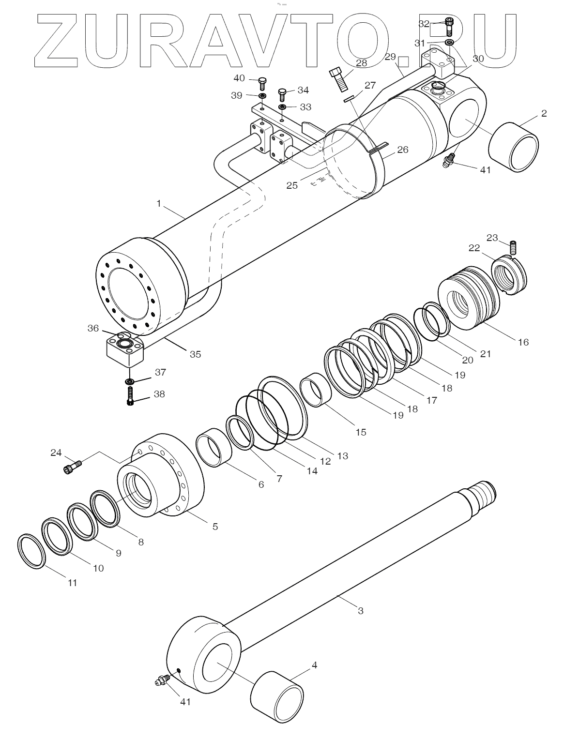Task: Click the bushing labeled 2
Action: point(514,146)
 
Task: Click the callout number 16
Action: point(523,342)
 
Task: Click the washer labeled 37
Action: point(130,382)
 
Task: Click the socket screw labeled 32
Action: point(449,26)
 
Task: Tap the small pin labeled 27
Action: point(350,99)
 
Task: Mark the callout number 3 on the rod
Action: point(360,611)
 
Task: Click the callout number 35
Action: point(195,354)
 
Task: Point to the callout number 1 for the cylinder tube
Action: point(158,203)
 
